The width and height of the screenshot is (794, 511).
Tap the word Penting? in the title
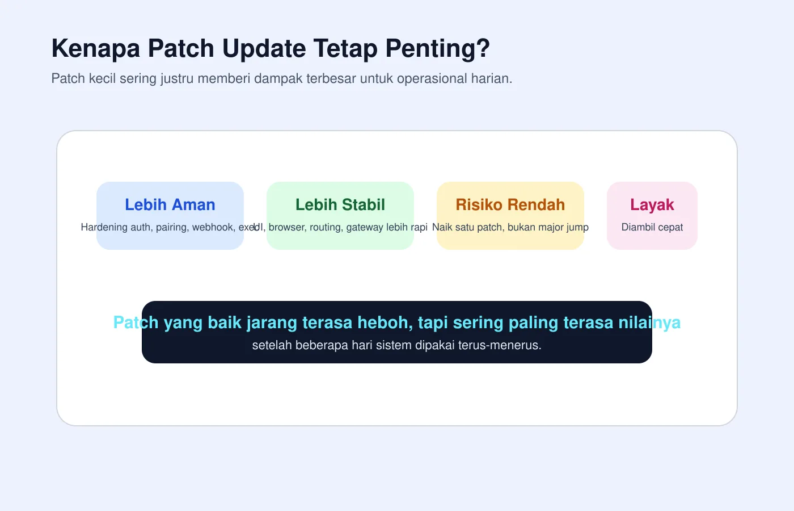tap(437, 49)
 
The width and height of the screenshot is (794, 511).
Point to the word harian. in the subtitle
tap(492, 78)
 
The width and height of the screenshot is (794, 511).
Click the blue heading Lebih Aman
tap(170, 204)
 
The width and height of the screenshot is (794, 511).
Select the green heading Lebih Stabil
tap(340, 204)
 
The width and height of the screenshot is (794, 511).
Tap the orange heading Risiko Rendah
tap(510, 204)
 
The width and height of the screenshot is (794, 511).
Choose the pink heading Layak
tap(652, 204)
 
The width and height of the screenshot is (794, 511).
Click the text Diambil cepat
tap(652, 227)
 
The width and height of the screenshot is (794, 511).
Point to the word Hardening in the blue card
tap(104, 227)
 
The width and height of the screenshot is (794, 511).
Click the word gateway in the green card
tap(365, 227)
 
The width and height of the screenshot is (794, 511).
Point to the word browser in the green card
tap(288, 227)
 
